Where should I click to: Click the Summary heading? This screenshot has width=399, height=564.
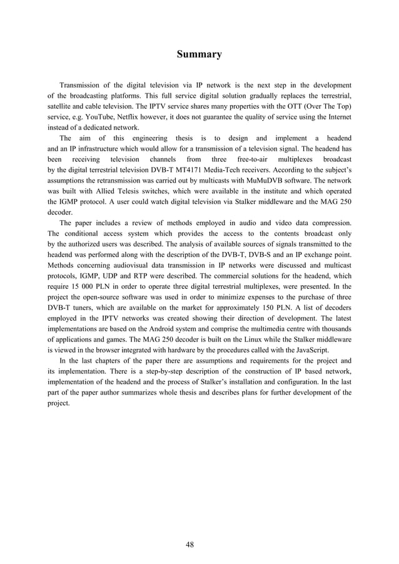click(x=199, y=54)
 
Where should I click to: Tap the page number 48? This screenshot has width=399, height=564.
click(x=189, y=544)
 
